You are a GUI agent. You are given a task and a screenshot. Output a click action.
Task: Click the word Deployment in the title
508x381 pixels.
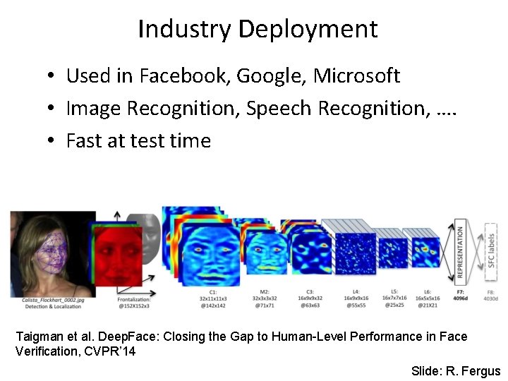[308, 30]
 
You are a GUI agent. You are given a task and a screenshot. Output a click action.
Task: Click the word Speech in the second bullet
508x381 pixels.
[280, 108]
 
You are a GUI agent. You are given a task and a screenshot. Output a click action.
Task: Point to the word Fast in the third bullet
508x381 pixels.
[83, 140]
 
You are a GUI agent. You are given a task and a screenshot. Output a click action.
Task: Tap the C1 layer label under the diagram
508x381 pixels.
[212, 292]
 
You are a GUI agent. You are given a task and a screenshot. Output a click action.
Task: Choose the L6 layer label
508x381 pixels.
[428, 292]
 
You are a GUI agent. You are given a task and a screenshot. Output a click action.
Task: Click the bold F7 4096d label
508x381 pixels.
[459, 295]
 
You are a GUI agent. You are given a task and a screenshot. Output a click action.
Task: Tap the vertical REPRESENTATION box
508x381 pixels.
[460, 251]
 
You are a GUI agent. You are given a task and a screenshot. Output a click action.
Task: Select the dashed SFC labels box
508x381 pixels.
[491, 251]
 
